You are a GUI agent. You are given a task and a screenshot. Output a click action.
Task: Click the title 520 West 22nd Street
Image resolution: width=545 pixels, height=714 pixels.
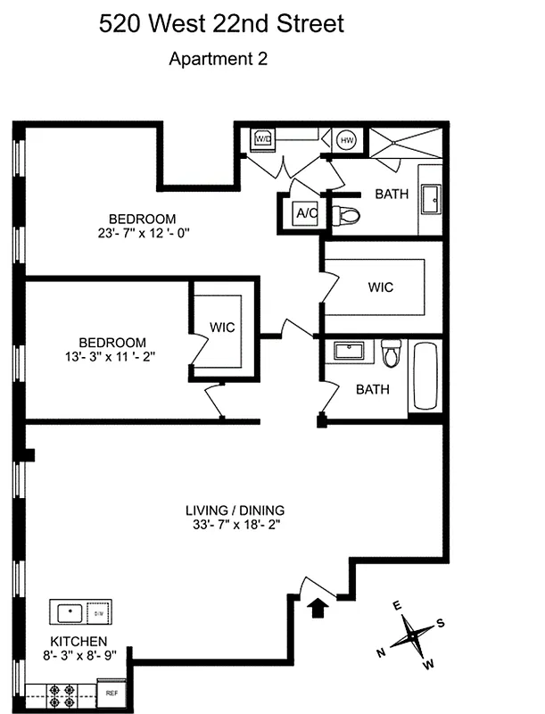[x=221, y=24]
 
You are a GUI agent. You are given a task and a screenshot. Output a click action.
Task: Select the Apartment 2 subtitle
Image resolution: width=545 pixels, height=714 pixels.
[x=219, y=60]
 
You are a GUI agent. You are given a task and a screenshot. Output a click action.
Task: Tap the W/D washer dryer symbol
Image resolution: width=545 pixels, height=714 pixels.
[x=263, y=138]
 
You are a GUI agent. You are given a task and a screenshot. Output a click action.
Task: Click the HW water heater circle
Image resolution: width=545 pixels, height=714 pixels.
[x=347, y=139]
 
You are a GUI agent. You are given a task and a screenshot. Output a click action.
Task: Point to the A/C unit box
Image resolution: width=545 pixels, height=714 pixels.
[x=306, y=213]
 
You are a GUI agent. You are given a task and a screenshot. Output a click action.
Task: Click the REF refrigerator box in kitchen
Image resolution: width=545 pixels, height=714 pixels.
[x=112, y=693]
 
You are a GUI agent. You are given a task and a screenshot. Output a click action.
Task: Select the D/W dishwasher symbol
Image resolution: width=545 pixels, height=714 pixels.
[x=98, y=614]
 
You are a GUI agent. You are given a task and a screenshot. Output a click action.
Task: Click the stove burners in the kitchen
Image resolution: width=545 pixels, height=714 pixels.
[x=65, y=692]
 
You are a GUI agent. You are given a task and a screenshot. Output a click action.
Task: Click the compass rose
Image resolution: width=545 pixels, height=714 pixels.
[x=411, y=635]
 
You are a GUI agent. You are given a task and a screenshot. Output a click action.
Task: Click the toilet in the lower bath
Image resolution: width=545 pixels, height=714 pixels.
[x=391, y=353]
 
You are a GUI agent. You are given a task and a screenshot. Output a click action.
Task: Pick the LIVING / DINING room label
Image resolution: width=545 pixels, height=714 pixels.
[x=235, y=511]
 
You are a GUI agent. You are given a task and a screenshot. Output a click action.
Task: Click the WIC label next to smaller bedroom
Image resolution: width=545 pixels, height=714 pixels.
[x=222, y=328]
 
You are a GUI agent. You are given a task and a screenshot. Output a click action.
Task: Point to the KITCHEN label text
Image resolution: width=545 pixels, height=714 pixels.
[x=78, y=642]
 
